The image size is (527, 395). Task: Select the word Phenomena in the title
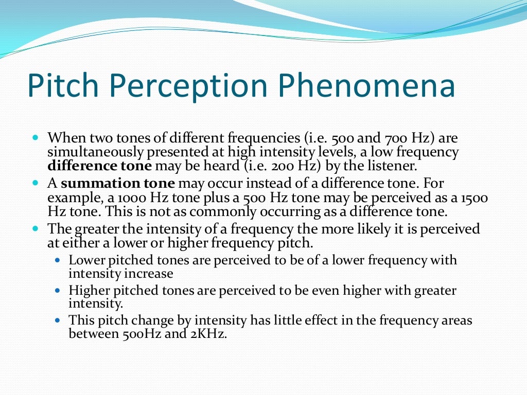click(x=366, y=86)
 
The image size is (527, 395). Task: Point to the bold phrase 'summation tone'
click(x=118, y=183)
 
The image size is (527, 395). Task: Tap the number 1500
click(x=475, y=197)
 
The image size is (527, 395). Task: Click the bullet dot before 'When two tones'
click(x=36, y=138)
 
